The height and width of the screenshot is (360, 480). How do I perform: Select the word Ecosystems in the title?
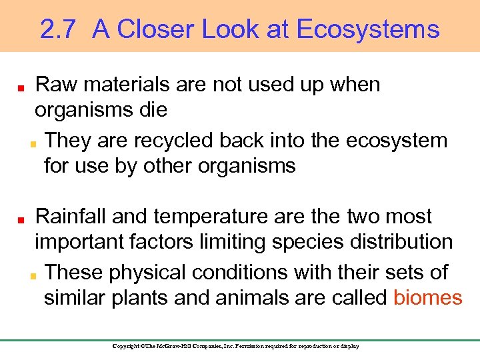[x=368, y=29]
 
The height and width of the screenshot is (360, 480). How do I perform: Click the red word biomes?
[x=427, y=297]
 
